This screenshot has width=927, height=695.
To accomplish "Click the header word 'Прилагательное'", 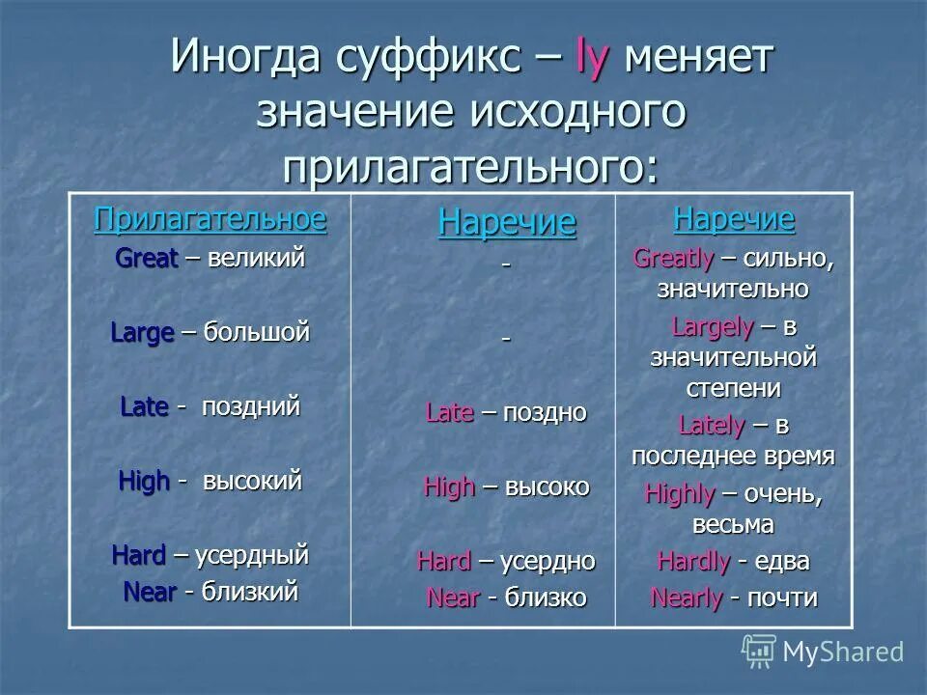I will tap(211, 219).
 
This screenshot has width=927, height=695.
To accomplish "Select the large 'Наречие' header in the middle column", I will tap(507, 223).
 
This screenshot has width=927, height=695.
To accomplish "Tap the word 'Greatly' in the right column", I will tap(673, 259).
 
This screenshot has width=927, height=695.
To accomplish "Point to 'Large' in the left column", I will tap(142, 334).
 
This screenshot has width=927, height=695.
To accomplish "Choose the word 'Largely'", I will tap(712, 327).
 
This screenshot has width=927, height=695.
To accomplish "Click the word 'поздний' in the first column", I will tap(251, 407).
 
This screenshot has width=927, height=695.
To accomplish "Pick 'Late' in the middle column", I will tap(449, 413).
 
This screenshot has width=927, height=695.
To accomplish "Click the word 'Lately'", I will tap(712, 426).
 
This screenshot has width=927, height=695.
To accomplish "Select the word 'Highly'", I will tap(679, 495).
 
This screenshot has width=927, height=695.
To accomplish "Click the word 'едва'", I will tap(784, 562).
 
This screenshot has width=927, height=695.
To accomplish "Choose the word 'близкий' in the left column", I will tap(250, 592).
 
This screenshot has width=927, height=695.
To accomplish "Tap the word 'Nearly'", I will tap(687, 598).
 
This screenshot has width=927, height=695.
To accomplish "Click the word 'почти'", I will tap(782, 598).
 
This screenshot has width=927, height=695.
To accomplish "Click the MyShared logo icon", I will tap(758, 651).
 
